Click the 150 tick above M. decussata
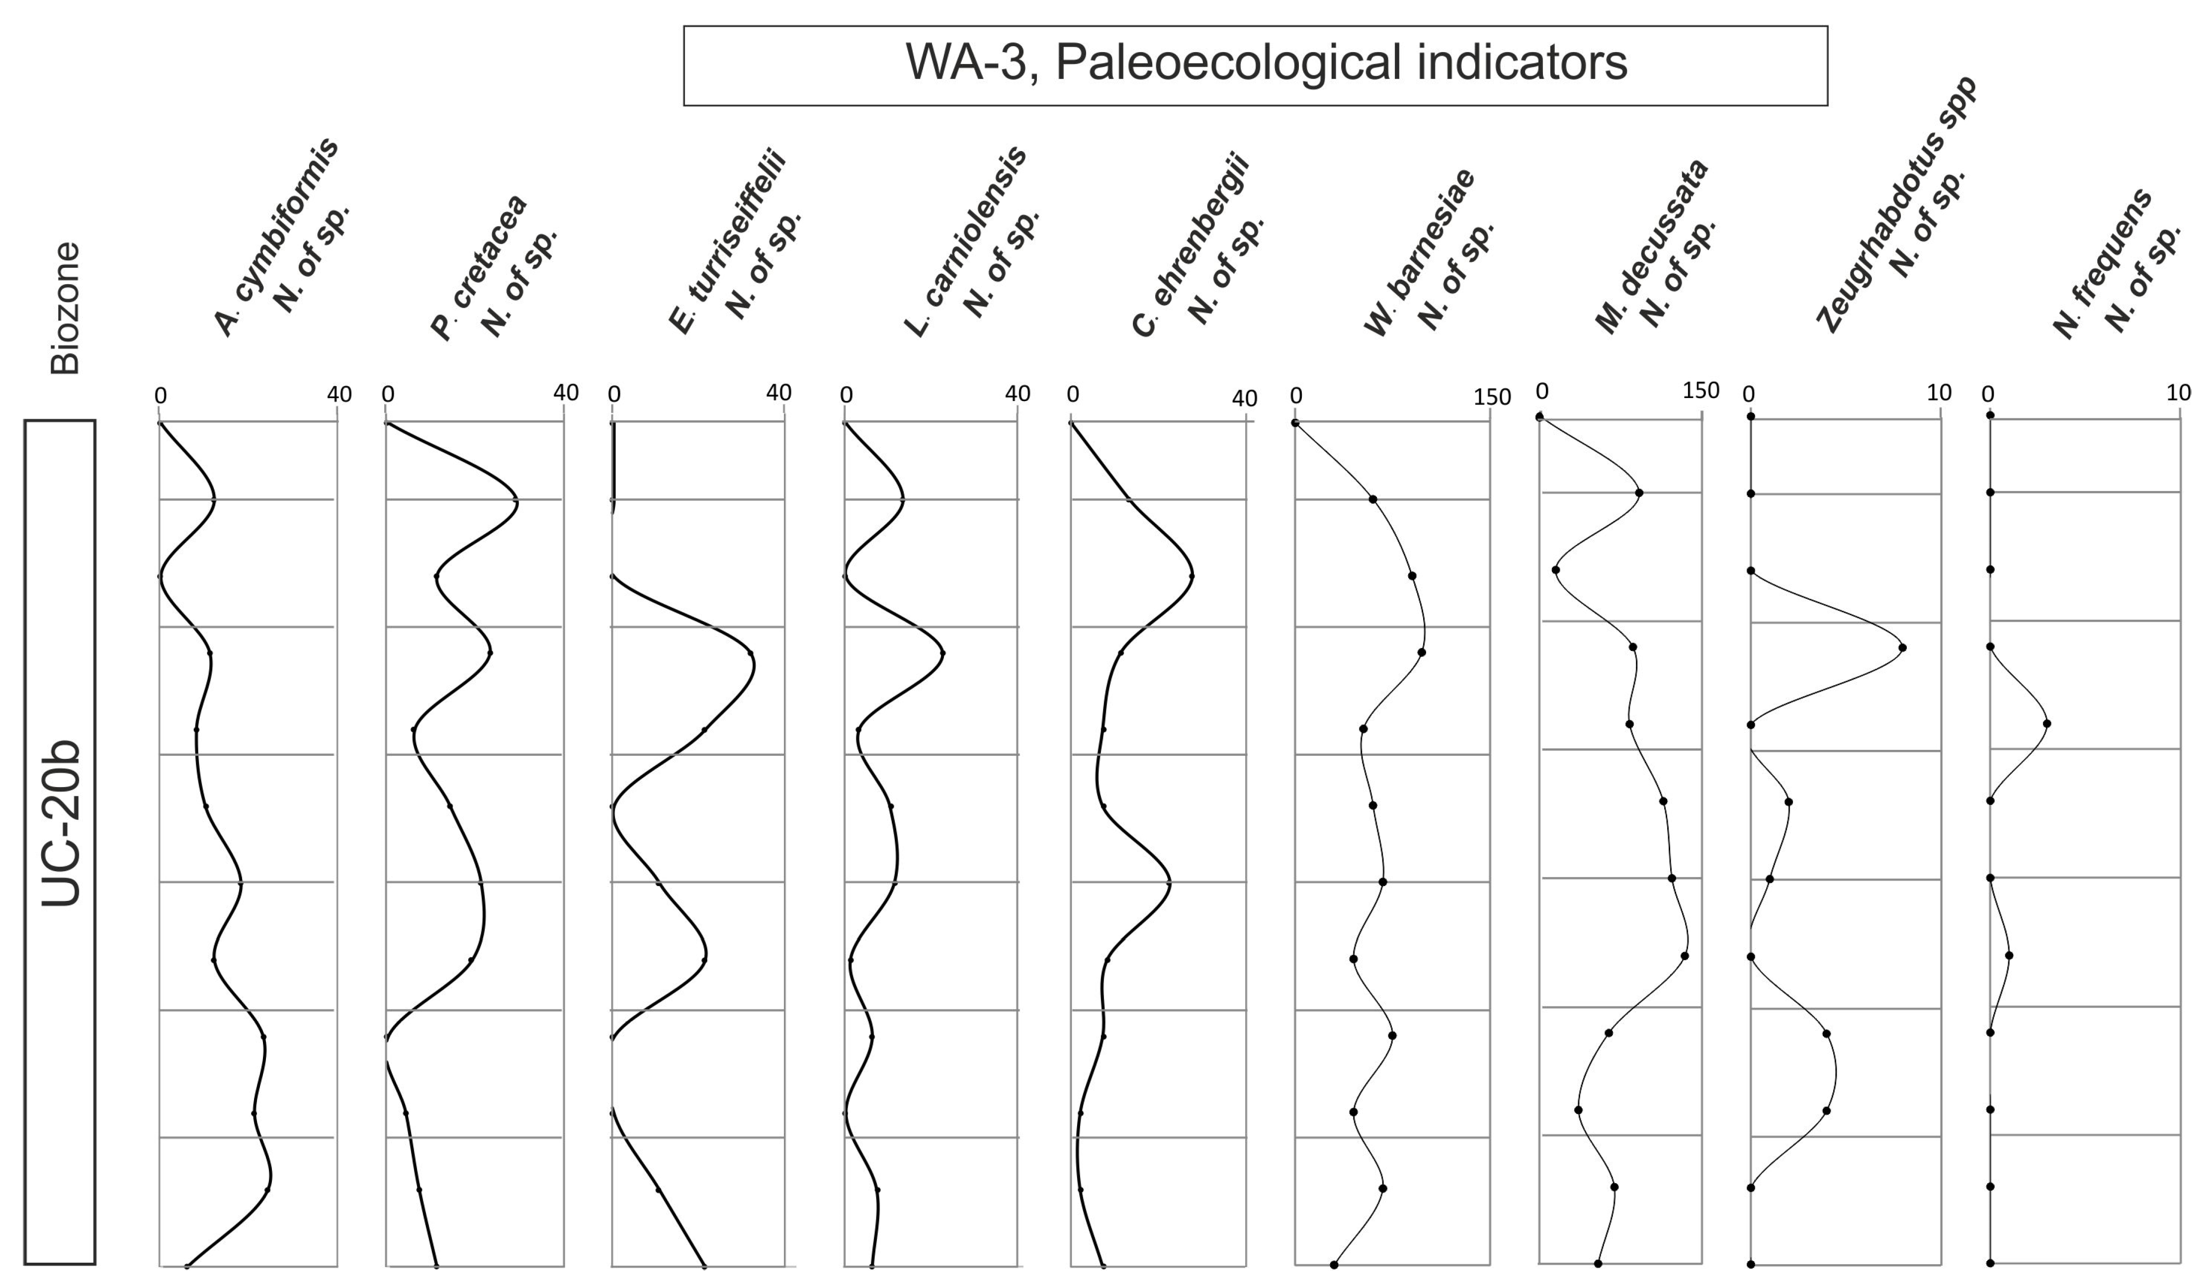(1700, 391)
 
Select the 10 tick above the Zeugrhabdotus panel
(1939, 393)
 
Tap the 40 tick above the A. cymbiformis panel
(339, 395)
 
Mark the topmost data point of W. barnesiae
(1295, 423)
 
